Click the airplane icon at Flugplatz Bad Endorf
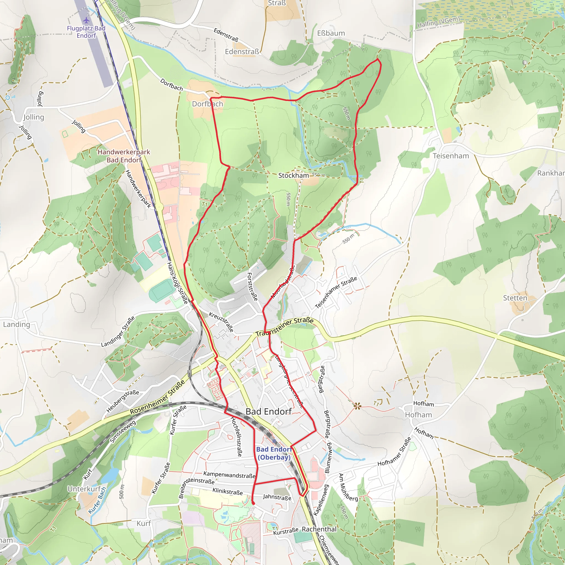(x=86, y=20)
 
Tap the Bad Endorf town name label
(x=268, y=411)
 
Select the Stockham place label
(x=293, y=175)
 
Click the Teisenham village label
(x=451, y=156)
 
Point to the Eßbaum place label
(x=331, y=33)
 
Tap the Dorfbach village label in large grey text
(x=207, y=104)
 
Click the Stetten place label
(x=515, y=298)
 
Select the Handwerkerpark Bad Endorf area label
(x=124, y=156)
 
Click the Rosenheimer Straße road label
(x=158, y=397)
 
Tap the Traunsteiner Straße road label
(x=284, y=327)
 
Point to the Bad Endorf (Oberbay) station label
(x=274, y=453)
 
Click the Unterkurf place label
(x=84, y=489)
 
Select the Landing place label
(x=16, y=324)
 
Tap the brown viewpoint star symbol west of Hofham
(x=357, y=406)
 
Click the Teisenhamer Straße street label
(x=336, y=292)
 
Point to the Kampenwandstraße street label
(x=229, y=475)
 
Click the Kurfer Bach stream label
(x=97, y=500)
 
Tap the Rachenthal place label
(x=319, y=529)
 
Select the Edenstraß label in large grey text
(x=242, y=52)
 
